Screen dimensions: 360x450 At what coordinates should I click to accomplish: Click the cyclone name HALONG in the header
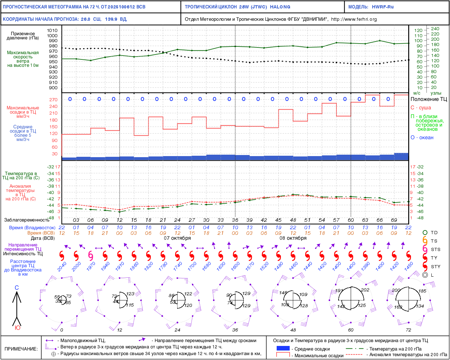(280, 7)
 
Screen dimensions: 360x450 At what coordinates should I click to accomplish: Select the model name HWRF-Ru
(383, 7)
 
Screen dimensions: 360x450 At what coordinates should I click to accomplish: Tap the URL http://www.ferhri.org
(354, 19)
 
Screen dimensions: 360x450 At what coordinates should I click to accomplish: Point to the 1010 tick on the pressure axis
(52, 31)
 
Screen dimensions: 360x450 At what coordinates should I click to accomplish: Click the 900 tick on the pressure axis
(53, 88)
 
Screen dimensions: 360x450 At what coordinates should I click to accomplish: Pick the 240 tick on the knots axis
(435, 29)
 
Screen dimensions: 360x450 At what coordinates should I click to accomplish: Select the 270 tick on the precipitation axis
(53, 100)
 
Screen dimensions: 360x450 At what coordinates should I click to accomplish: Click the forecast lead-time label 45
(278, 220)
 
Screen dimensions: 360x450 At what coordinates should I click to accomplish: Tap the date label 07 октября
(178, 238)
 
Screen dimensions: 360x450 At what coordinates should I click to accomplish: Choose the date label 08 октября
(293, 238)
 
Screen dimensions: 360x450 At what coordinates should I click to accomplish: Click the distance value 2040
(62, 267)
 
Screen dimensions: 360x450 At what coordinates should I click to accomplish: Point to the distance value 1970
(91, 267)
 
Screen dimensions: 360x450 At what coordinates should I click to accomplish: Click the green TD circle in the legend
(425, 232)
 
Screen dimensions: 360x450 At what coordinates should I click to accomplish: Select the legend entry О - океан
(422, 137)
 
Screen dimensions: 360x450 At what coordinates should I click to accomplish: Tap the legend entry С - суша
(421, 108)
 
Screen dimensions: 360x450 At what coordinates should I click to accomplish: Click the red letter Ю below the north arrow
(17, 328)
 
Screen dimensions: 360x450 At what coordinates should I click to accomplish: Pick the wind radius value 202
(365, 290)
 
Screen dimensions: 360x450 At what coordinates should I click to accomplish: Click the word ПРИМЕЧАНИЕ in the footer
(21, 349)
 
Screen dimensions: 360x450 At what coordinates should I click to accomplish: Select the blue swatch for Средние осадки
(283, 348)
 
